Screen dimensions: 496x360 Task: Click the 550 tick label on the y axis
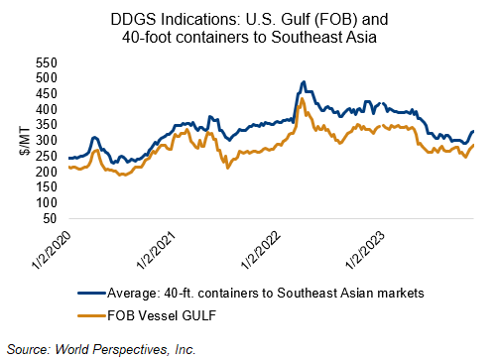pos(47,62)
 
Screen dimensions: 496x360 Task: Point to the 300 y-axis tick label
pos(47,141)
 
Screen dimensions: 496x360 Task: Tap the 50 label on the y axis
pos(50,218)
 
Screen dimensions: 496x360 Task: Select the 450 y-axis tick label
pos(47,94)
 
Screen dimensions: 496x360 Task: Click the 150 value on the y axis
pos(47,187)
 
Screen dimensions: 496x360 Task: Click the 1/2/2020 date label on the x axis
pos(52,250)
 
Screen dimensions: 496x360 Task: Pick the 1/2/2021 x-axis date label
pos(156,250)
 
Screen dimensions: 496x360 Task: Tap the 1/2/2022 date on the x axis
pos(261,250)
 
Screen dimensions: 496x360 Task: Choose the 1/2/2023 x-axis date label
pos(366,250)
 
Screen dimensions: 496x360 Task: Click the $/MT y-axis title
pos(25,141)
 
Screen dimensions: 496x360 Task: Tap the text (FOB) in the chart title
pos(335,20)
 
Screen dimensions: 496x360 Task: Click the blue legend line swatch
pos(92,293)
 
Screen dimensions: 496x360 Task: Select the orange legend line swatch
pos(92,315)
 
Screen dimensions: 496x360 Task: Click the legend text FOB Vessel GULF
pos(162,315)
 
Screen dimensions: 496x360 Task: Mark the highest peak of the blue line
pos(304,81)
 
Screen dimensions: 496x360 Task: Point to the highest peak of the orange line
pos(302,98)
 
